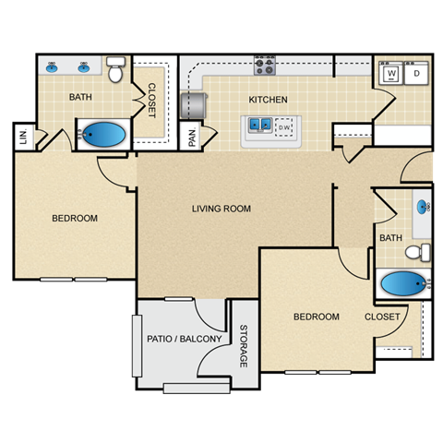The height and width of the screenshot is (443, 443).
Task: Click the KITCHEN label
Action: [268, 100]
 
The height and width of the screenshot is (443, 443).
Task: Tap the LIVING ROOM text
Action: [221, 209]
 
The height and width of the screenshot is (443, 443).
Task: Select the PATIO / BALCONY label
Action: [184, 340]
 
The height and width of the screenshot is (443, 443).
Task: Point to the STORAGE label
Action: [244, 347]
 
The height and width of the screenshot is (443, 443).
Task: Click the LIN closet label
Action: [22, 138]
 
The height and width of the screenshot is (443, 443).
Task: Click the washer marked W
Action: [391, 73]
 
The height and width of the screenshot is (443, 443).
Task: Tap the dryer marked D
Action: [416, 73]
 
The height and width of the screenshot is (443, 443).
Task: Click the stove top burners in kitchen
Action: [266, 66]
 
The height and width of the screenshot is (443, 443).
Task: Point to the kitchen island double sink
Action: [258, 124]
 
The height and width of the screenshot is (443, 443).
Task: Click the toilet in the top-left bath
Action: [115, 69]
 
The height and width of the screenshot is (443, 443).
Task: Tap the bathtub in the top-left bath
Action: [102, 136]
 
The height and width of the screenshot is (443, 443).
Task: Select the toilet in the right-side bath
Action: [418, 251]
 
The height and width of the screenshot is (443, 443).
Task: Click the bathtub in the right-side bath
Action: [402, 284]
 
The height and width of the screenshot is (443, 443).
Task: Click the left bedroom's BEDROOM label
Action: [74, 219]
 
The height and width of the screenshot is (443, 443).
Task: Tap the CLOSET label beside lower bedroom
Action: [382, 317]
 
